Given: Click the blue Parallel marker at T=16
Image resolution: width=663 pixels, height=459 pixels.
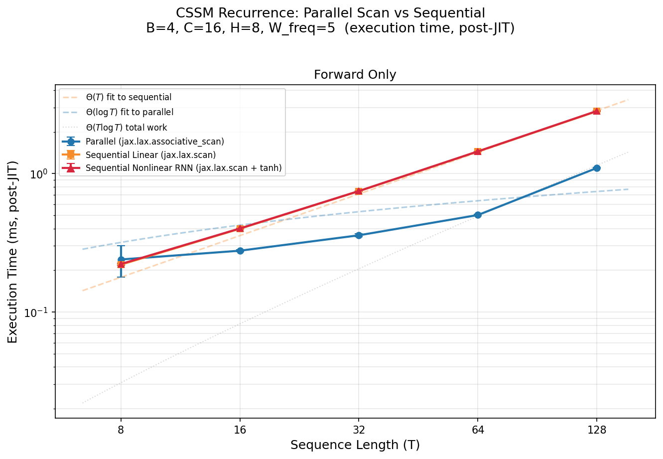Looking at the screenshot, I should (240, 251).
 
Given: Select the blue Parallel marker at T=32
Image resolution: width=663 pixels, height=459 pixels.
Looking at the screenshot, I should (359, 235).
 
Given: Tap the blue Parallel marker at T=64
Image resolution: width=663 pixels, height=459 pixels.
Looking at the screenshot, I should (478, 215).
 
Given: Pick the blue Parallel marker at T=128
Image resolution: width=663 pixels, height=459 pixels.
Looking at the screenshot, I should (597, 168).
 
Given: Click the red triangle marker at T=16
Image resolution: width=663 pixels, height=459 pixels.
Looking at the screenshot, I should (240, 228).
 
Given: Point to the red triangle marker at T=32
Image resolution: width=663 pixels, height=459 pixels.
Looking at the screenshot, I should (359, 191).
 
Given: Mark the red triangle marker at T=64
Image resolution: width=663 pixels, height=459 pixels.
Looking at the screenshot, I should (478, 151).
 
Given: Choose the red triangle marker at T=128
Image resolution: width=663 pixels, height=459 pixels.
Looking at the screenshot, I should (597, 111).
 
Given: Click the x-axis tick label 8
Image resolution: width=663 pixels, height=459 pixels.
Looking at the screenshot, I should (121, 430).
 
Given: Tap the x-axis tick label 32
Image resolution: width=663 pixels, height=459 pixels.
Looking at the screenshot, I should (359, 430).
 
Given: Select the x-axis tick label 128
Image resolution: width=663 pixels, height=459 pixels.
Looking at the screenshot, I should (597, 430).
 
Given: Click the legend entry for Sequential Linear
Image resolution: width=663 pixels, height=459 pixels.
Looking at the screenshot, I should (150, 155).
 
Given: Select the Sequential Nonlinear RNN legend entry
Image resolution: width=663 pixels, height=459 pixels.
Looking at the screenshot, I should (183, 168).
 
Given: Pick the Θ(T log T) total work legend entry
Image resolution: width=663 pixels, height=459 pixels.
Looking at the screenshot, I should (126, 128).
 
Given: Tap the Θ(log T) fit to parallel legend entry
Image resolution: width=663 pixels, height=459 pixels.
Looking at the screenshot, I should (130, 113).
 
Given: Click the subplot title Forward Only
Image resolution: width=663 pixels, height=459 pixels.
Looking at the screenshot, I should (355, 75).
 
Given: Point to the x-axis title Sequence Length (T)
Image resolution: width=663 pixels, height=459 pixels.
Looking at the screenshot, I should (355, 445).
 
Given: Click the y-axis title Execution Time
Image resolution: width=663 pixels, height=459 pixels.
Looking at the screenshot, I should (13, 252).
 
